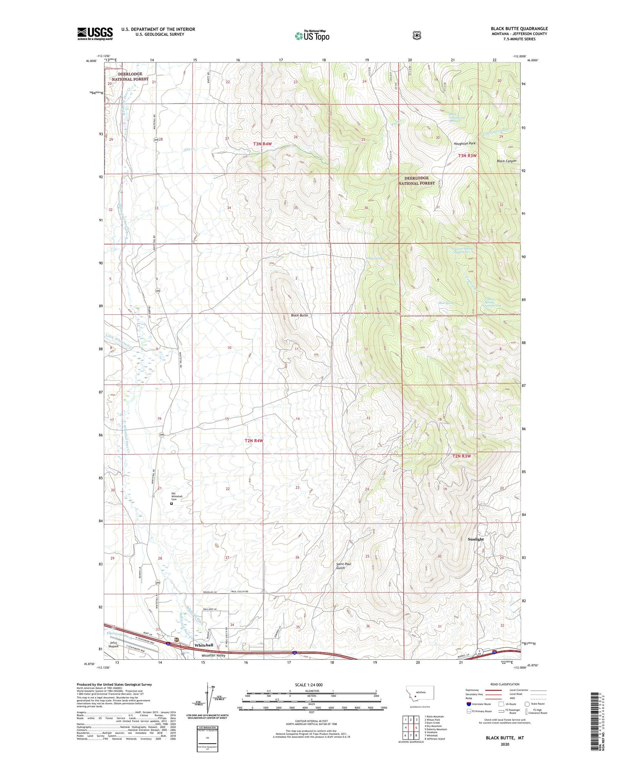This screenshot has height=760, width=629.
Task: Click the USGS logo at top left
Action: click(x=95, y=34)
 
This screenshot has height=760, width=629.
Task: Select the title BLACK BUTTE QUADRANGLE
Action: click(x=519, y=29)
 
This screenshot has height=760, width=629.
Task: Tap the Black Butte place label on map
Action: click(x=299, y=315)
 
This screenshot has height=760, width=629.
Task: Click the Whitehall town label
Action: click(x=203, y=645)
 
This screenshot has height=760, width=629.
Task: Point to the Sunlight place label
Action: click(x=476, y=539)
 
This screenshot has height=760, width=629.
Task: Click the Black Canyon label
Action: click(x=506, y=161)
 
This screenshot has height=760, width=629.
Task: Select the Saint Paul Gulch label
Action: click(x=343, y=566)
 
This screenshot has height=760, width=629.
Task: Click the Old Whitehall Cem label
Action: click(x=177, y=496)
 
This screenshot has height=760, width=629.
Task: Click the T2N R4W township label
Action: click(x=254, y=441)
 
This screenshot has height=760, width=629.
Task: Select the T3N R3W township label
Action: click(x=467, y=156)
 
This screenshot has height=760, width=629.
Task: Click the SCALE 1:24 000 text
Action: click(x=309, y=685)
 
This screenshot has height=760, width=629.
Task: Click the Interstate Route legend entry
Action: click(x=478, y=704)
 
